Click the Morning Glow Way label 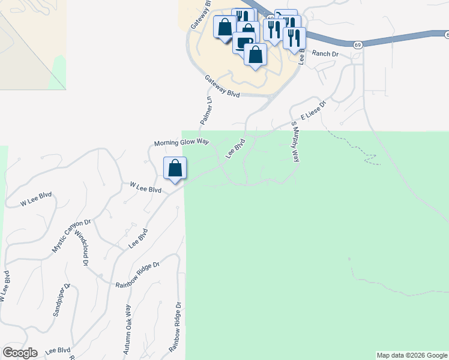click(181, 143)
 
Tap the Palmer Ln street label click(206, 110)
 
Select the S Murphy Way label click(295, 142)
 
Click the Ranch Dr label click(327, 54)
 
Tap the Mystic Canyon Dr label click(71, 235)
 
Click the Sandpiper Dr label click(61, 299)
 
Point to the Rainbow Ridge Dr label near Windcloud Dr click(138, 274)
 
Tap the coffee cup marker click(244, 43)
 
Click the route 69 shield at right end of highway click(357, 44)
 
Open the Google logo click(20, 353)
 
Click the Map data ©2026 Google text click(412, 355)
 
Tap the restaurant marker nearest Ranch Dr click(294, 38)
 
